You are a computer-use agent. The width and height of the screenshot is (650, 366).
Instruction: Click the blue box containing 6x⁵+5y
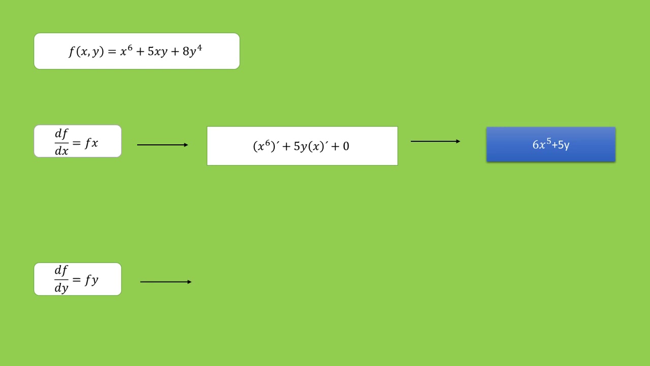551,144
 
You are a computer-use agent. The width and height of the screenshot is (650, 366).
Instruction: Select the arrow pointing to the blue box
435,141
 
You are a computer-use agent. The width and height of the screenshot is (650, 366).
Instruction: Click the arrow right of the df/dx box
162,145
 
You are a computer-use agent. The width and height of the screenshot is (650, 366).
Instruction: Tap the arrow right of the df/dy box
166,282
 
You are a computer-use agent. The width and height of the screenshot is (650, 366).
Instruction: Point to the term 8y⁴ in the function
192,51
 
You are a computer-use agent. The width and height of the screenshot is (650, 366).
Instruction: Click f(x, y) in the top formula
86,52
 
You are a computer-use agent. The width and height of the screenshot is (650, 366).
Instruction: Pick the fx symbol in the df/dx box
91,143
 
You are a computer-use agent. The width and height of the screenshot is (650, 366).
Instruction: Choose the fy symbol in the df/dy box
91,280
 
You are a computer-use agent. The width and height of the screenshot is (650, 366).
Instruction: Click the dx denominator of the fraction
61,151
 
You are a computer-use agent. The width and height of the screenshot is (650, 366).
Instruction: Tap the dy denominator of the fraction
61,288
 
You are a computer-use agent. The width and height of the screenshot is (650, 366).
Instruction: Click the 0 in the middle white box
346,146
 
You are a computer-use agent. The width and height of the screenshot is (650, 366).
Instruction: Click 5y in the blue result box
564,145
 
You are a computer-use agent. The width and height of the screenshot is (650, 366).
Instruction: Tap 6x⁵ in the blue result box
542,144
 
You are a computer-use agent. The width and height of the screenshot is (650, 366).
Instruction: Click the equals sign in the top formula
112,52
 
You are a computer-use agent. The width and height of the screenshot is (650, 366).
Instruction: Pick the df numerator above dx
61,134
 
